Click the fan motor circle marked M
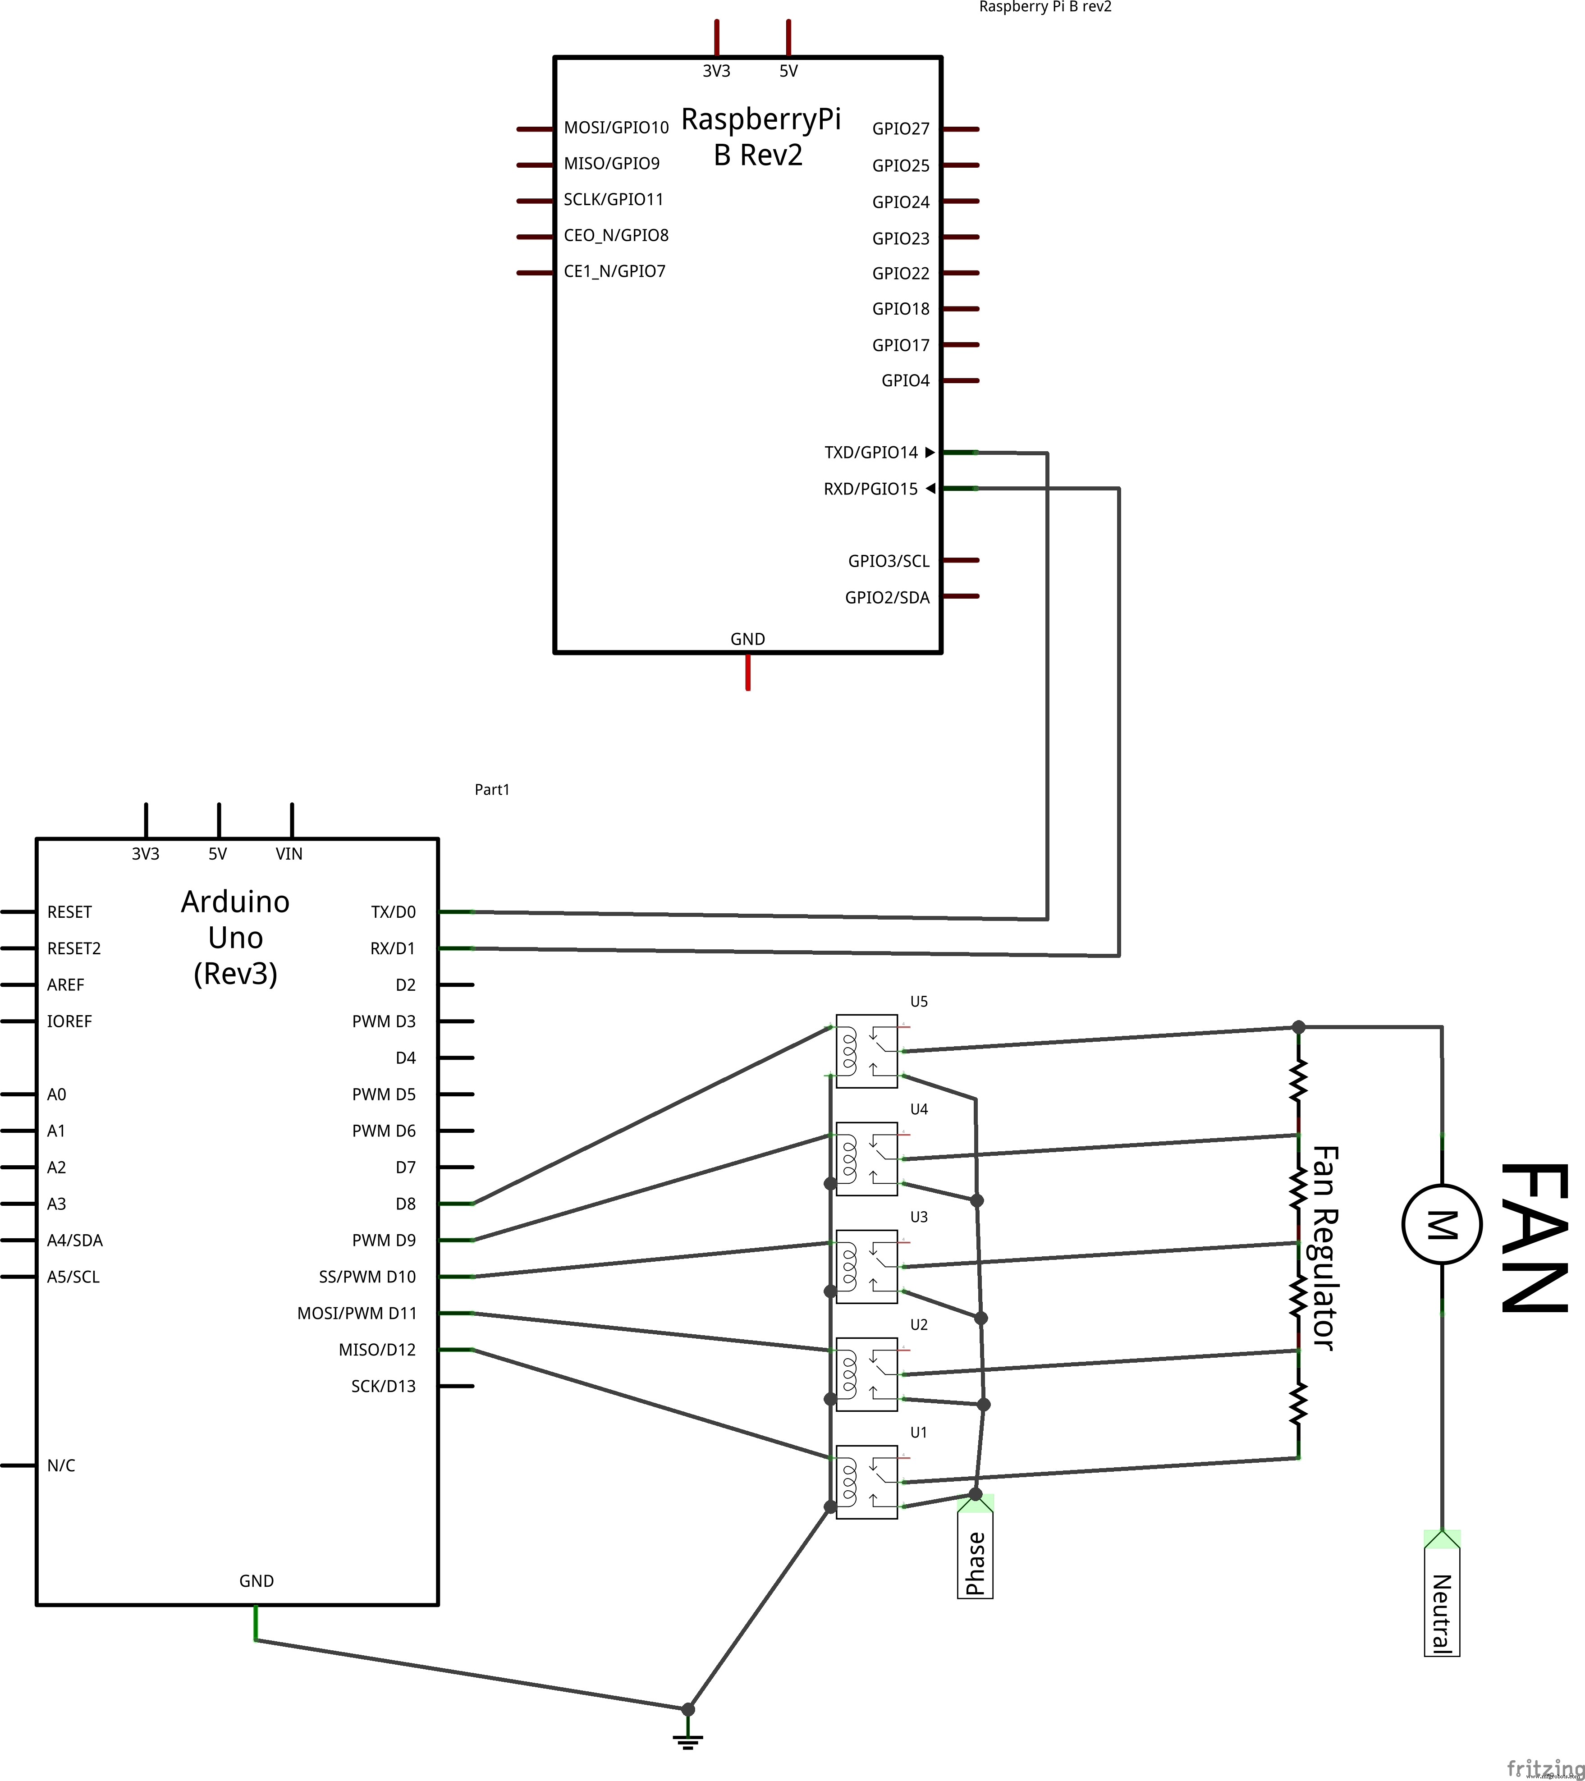click(1441, 1224)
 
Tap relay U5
click(866, 1051)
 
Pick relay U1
click(866, 1481)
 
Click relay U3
click(866, 1266)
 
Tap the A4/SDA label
click(75, 1240)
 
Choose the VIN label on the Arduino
click(289, 854)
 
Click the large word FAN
click(1534, 1237)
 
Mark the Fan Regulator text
click(1324, 1248)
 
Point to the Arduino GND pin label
click(256, 1580)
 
